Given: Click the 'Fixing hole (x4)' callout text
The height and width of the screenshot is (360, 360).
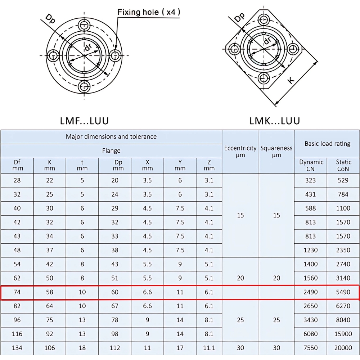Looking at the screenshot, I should pos(149,12).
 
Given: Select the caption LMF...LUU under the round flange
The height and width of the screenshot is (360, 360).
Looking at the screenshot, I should pos(84,121).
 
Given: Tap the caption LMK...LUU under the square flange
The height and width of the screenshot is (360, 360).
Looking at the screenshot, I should pos(274,121).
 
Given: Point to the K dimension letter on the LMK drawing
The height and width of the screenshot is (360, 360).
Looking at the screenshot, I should pos(292,80).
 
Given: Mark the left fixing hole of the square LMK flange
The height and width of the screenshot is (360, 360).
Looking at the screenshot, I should pos(235,49).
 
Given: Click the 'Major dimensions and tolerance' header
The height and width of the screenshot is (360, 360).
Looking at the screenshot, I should pos(111,137).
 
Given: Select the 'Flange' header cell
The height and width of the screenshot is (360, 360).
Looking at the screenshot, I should pos(111,151).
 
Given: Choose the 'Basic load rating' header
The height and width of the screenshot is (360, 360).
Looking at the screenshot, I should pos(327,144).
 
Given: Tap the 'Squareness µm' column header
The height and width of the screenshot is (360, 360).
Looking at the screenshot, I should pos(276,152).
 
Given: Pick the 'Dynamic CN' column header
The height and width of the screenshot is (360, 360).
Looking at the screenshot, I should pos(311,166).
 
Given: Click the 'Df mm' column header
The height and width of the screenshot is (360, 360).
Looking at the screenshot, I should pos(17,166).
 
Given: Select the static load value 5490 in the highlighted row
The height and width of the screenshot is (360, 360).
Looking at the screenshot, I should pos(343,292).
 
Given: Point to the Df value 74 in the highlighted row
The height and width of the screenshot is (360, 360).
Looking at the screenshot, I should pos(17,292).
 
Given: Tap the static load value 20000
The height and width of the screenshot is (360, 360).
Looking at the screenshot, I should pos(343,348).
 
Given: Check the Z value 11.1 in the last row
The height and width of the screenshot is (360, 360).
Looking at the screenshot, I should pos(209,348).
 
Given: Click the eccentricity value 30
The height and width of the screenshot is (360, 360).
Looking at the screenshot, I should pos(240,348).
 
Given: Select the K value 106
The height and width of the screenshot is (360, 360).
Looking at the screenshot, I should pos(50,348).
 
